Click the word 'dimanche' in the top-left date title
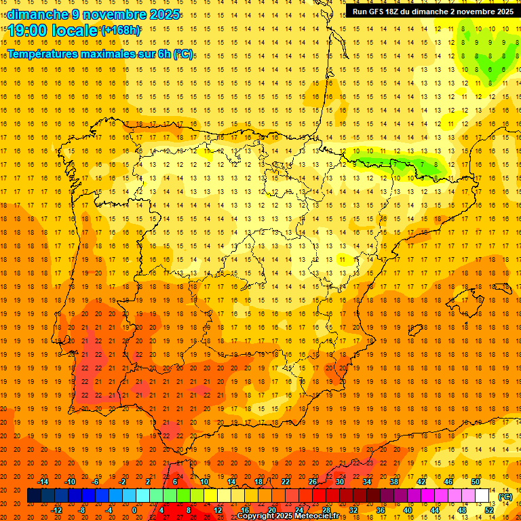37,14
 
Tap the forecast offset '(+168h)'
121,31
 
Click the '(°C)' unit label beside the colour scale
505,497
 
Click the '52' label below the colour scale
489,510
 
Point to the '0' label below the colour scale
134,510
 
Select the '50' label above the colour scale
476,482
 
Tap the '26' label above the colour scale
313,482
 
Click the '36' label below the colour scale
381,510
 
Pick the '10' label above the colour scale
204,482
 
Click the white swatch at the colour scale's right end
482,496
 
